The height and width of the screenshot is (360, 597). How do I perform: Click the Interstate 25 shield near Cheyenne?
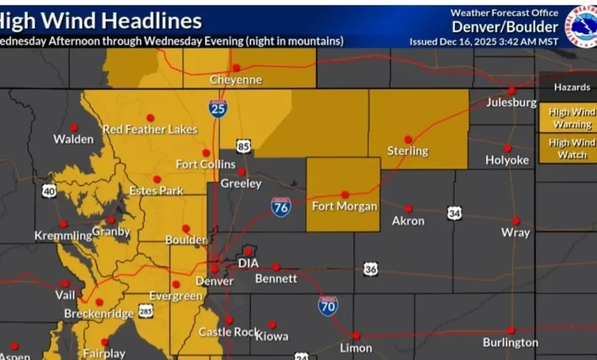click(x=218, y=108)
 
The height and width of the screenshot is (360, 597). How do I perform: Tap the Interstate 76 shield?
click(x=281, y=206)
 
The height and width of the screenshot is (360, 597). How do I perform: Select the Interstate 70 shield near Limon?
click(x=328, y=306)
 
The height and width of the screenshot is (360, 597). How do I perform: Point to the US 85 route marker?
click(x=243, y=146)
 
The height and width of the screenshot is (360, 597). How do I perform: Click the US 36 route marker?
click(x=370, y=269)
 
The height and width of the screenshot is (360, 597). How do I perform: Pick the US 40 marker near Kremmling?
click(x=49, y=191)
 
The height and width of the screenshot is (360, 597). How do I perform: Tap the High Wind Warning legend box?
click(x=567, y=118)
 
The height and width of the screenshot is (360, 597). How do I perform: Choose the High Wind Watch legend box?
click(x=567, y=148)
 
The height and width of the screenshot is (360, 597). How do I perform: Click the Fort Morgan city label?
click(x=344, y=206)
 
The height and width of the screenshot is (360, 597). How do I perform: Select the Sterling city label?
click(x=408, y=151)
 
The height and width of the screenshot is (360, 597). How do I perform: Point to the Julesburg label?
click(x=511, y=103)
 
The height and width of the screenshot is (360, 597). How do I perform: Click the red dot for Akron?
click(x=408, y=208)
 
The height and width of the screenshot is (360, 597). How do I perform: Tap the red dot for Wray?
click(x=515, y=221)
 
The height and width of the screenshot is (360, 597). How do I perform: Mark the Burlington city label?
click(x=511, y=342)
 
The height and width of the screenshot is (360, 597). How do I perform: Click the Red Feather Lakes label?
click(x=150, y=129)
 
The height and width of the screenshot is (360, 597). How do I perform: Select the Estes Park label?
click(x=156, y=191)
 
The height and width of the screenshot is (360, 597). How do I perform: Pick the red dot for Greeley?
click(x=241, y=172)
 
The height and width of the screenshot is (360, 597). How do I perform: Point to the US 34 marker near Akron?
click(x=455, y=213)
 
